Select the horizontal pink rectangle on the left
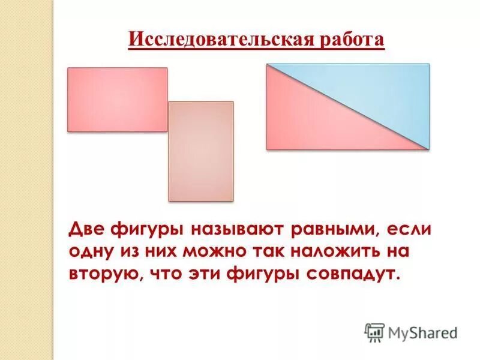point(117,99)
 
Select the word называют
point(239,230)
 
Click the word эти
point(203,274)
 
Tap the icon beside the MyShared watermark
point(374,332)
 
